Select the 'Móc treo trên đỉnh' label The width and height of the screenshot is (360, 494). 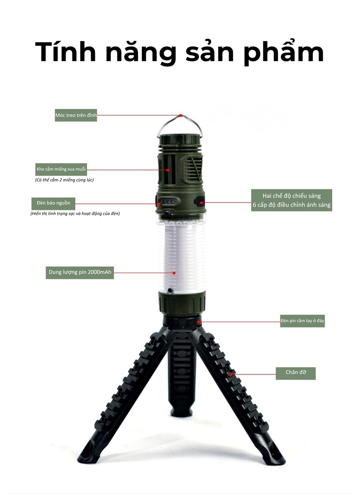[x=76, y=115]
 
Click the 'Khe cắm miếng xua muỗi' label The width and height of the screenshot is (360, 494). [x=61, y=169]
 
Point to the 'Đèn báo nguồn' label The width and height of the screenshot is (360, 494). [x=53, y=203]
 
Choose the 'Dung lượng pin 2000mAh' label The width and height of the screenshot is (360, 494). [x=80, y=272]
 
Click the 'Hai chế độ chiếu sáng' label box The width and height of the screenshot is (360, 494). [x=292, y=200]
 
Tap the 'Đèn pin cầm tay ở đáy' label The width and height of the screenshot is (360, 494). [x=302, y=321]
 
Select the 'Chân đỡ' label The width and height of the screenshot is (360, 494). [x=296, y=373]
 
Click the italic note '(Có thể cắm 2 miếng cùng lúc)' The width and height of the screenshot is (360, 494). [x=64, y=180]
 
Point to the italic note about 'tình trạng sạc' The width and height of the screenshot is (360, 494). [x=75, y=214]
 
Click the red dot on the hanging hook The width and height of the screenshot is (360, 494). [x=180, y=116]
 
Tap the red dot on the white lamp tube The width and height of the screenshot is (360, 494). [x=174, y=273]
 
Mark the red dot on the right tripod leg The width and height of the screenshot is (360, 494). [x=231, y=374]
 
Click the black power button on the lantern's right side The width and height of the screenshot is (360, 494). [x=199, y=201]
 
